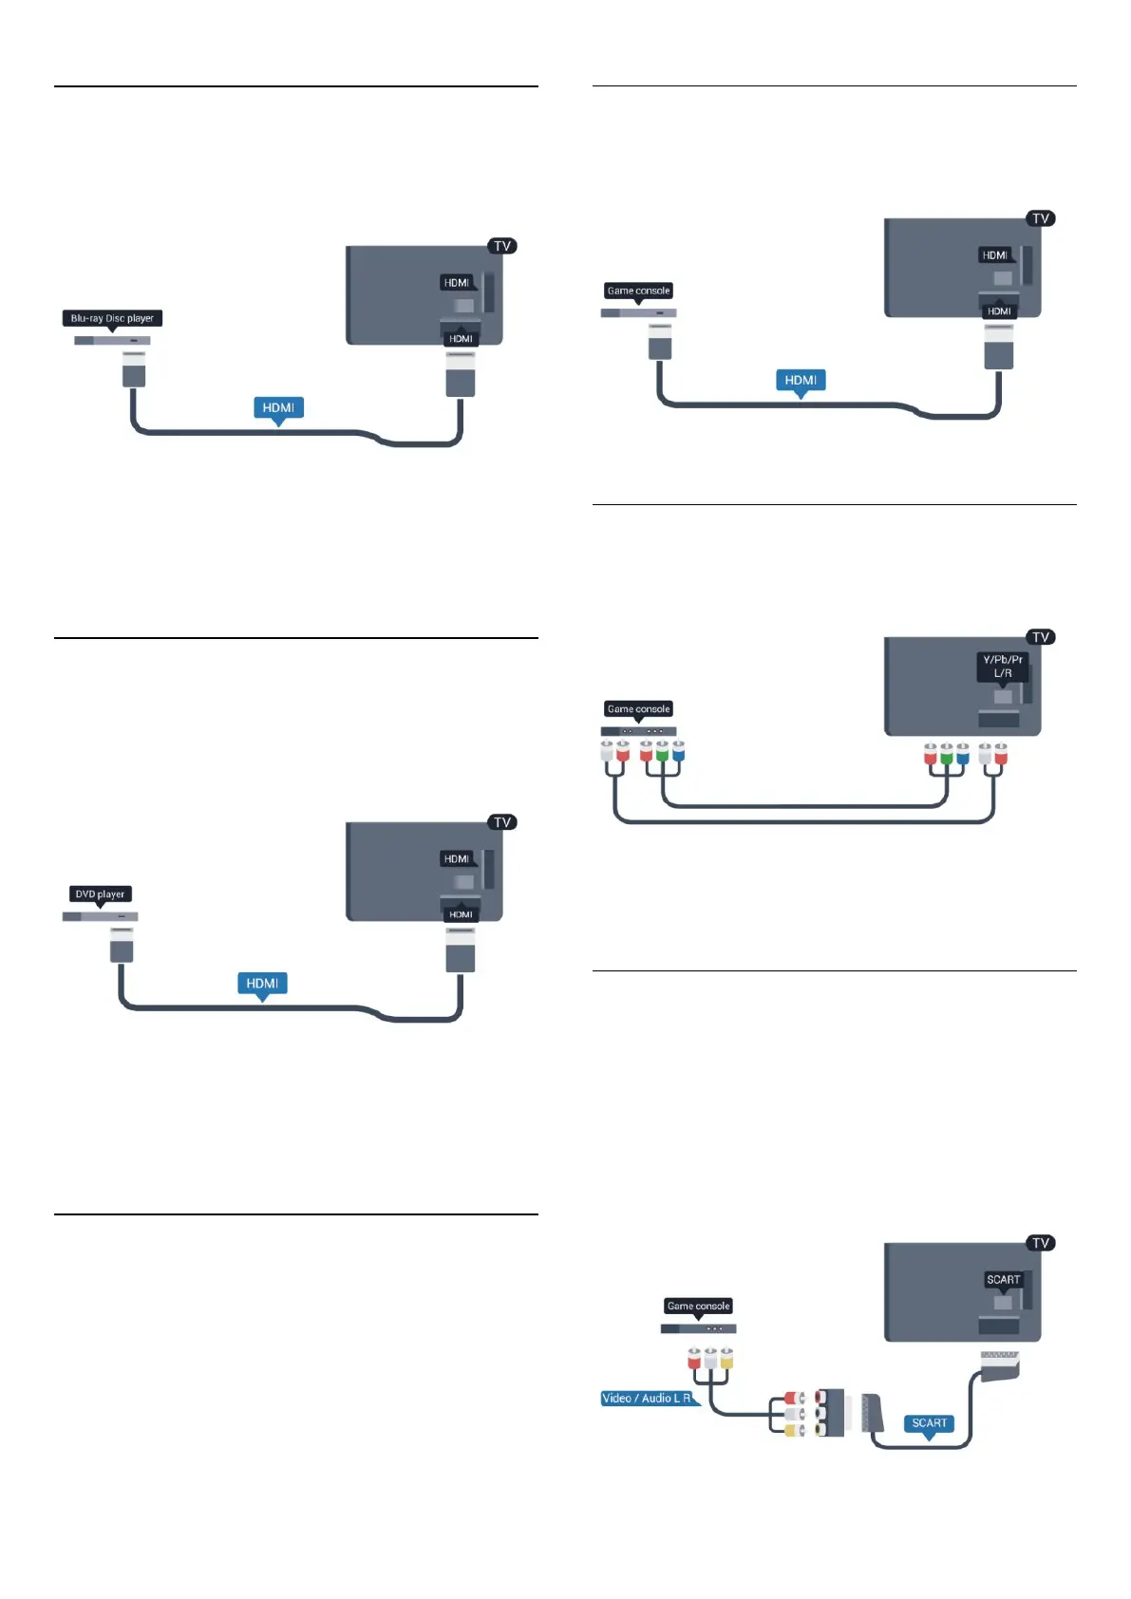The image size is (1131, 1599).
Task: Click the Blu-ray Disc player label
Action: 112,318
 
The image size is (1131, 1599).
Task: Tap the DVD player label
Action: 100,894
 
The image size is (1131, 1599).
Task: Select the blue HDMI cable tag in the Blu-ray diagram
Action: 278,407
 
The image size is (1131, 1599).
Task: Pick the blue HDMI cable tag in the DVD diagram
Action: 262,983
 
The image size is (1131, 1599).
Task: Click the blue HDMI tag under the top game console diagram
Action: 801,380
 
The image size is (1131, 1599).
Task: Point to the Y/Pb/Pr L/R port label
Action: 1003,666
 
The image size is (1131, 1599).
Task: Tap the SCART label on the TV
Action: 1003,1279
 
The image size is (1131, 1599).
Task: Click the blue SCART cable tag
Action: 929,1422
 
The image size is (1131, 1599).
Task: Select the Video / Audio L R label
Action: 648,1398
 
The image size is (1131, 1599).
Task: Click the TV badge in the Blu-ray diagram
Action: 502,246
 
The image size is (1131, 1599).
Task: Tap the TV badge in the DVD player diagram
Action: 502,822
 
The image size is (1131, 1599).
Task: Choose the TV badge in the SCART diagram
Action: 1041,1243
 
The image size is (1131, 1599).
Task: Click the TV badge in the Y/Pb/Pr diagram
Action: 1041,637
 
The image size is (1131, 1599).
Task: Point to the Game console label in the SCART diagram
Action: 698,1306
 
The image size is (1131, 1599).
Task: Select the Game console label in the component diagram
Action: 638,708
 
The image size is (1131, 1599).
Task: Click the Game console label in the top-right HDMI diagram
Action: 638,291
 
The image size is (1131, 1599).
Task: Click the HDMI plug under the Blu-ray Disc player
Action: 134,368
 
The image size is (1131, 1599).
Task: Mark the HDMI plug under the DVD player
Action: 122,945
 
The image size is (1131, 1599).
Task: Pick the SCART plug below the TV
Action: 999,1364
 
